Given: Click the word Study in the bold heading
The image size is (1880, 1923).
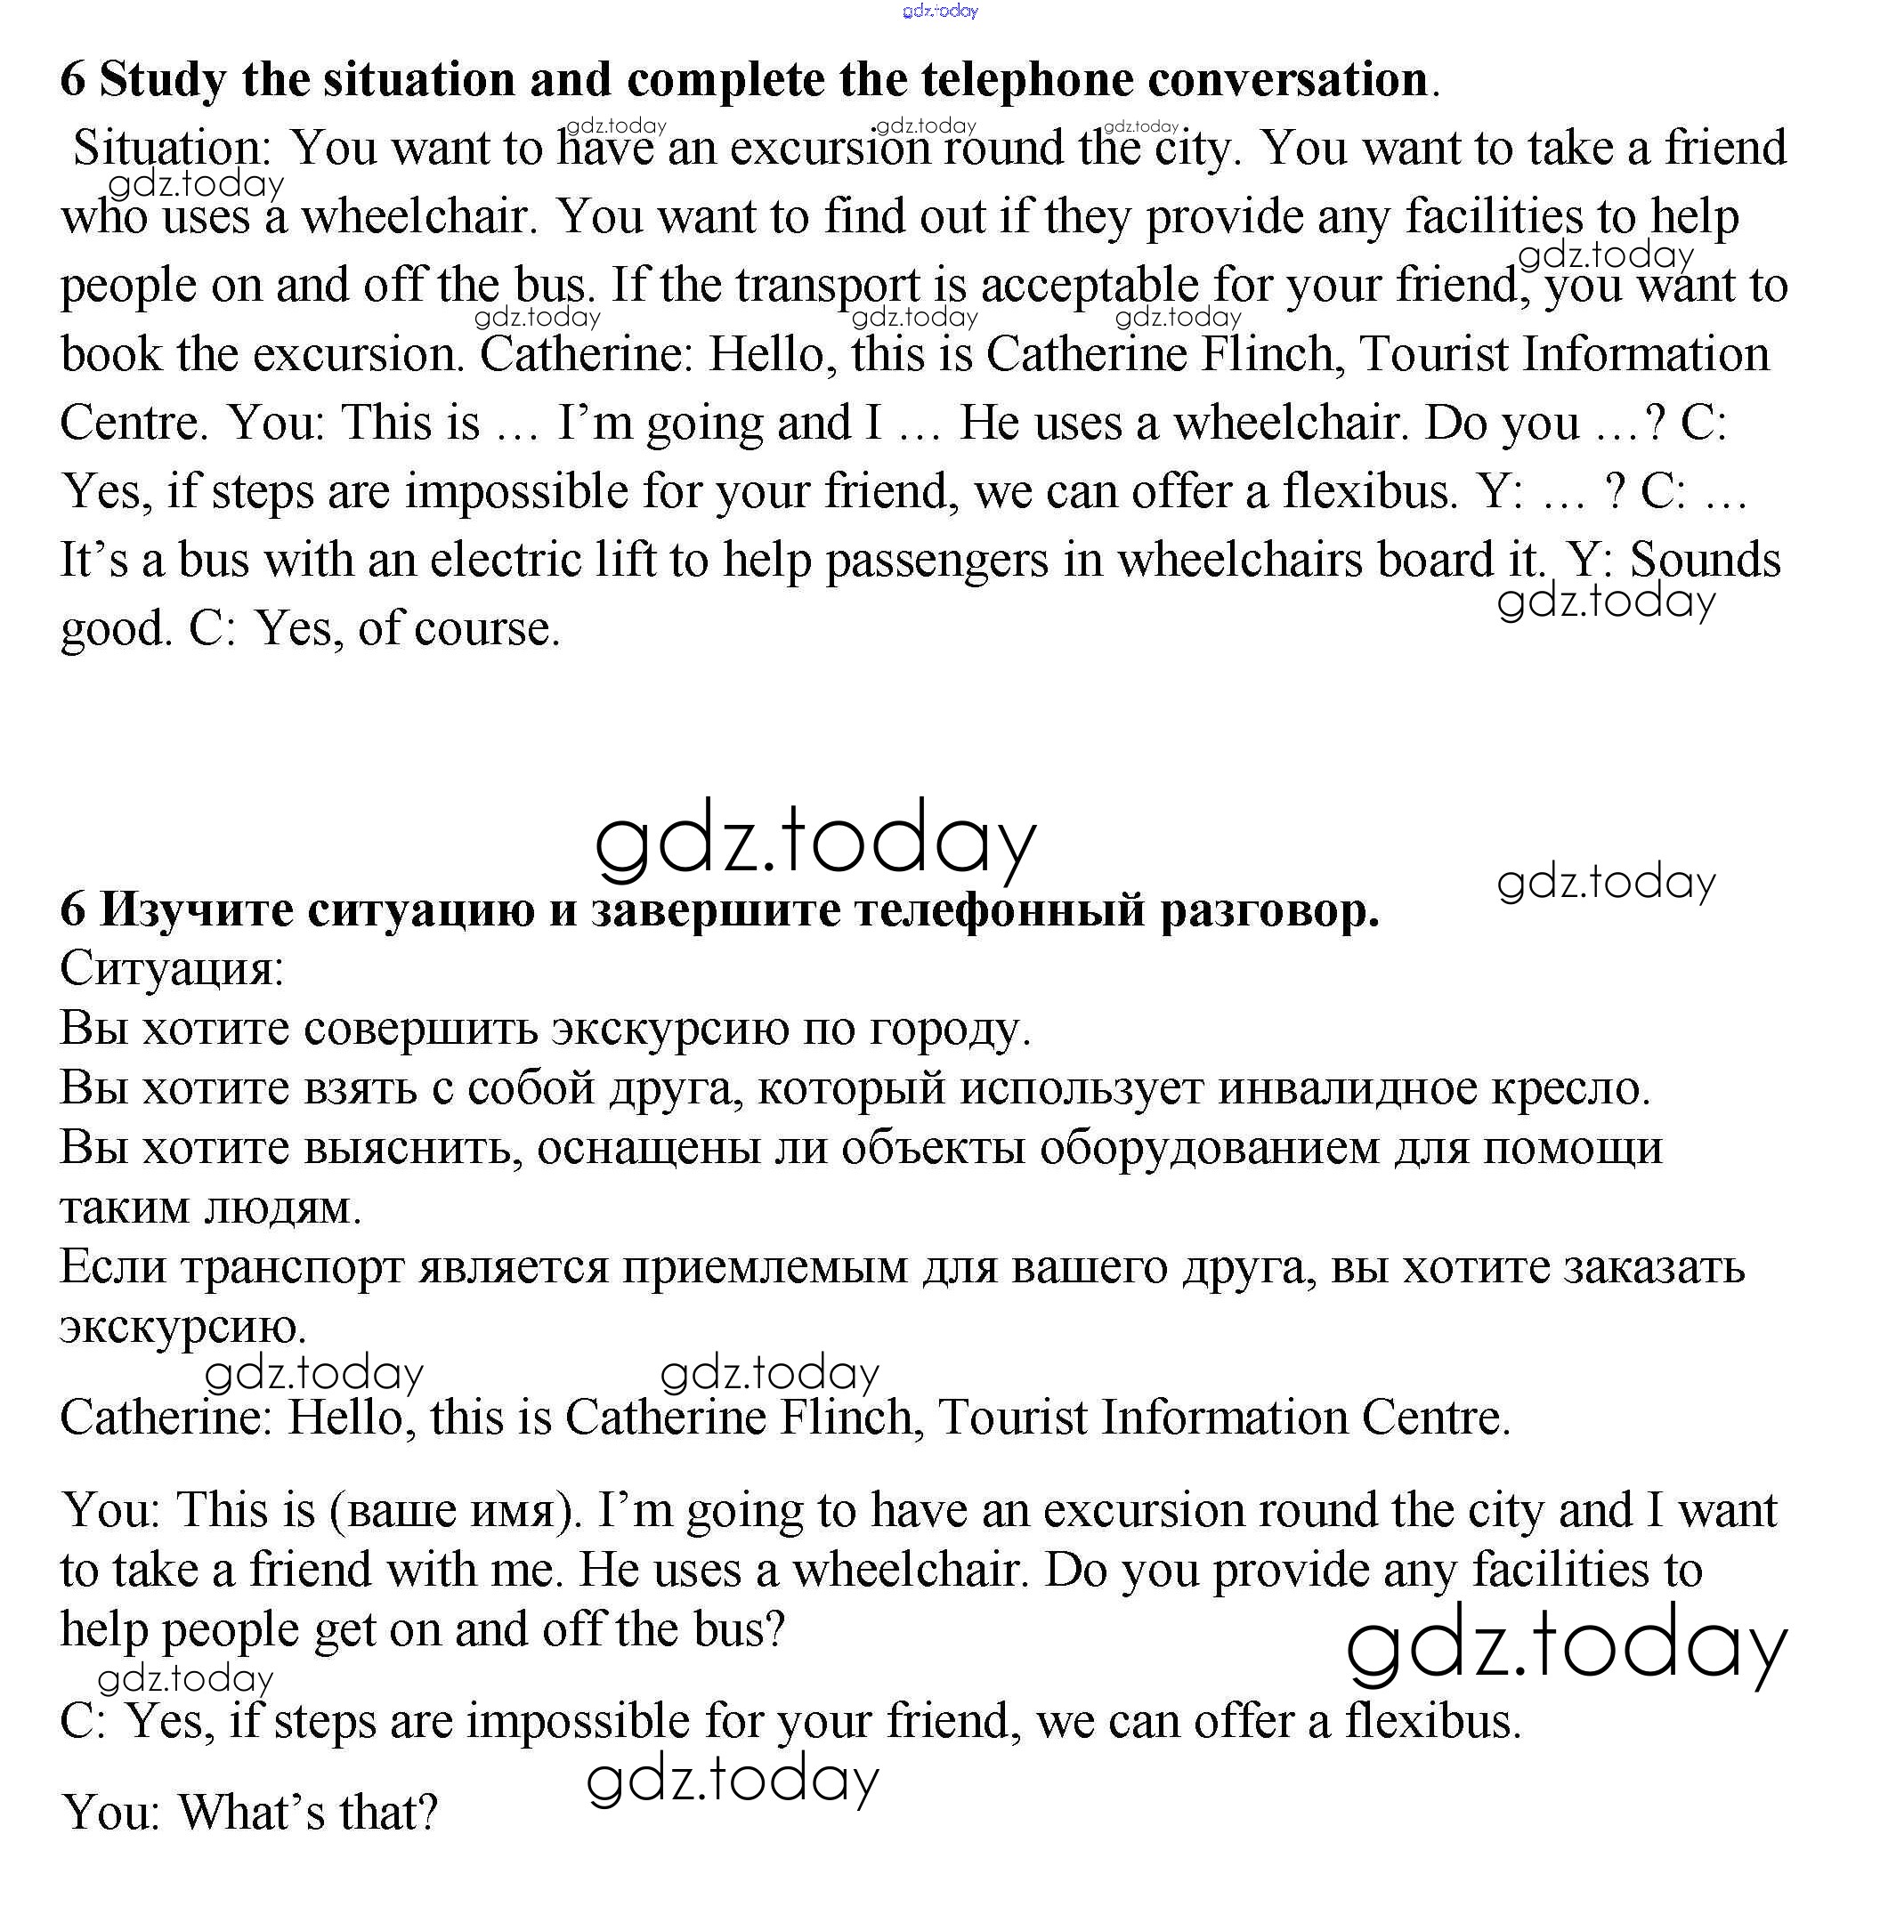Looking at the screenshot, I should [163, 79].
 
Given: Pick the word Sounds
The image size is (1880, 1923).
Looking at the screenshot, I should [1706, 560].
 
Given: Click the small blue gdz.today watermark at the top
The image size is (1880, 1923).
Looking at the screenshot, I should [940, 11].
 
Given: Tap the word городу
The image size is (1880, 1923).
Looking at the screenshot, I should [949, 1029].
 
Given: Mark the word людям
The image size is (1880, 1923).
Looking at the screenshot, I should [282, 1207].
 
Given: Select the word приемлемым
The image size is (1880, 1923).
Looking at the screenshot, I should [765, 1266].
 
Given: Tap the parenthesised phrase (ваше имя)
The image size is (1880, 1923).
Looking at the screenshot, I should [456, 1510].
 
